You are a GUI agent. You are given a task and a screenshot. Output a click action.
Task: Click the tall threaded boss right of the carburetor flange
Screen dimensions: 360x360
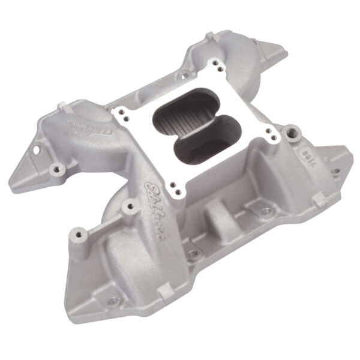(292, 130)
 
